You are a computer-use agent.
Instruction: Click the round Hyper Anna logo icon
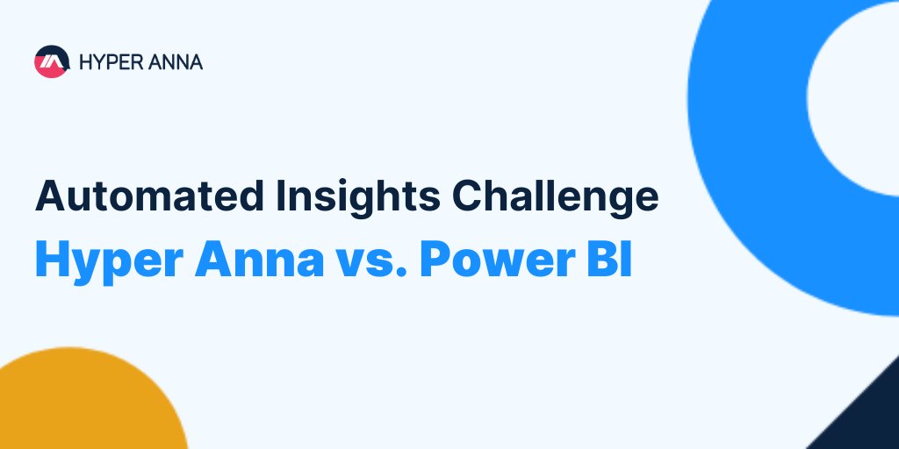(52, 61)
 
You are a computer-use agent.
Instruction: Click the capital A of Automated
(49, 196)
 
